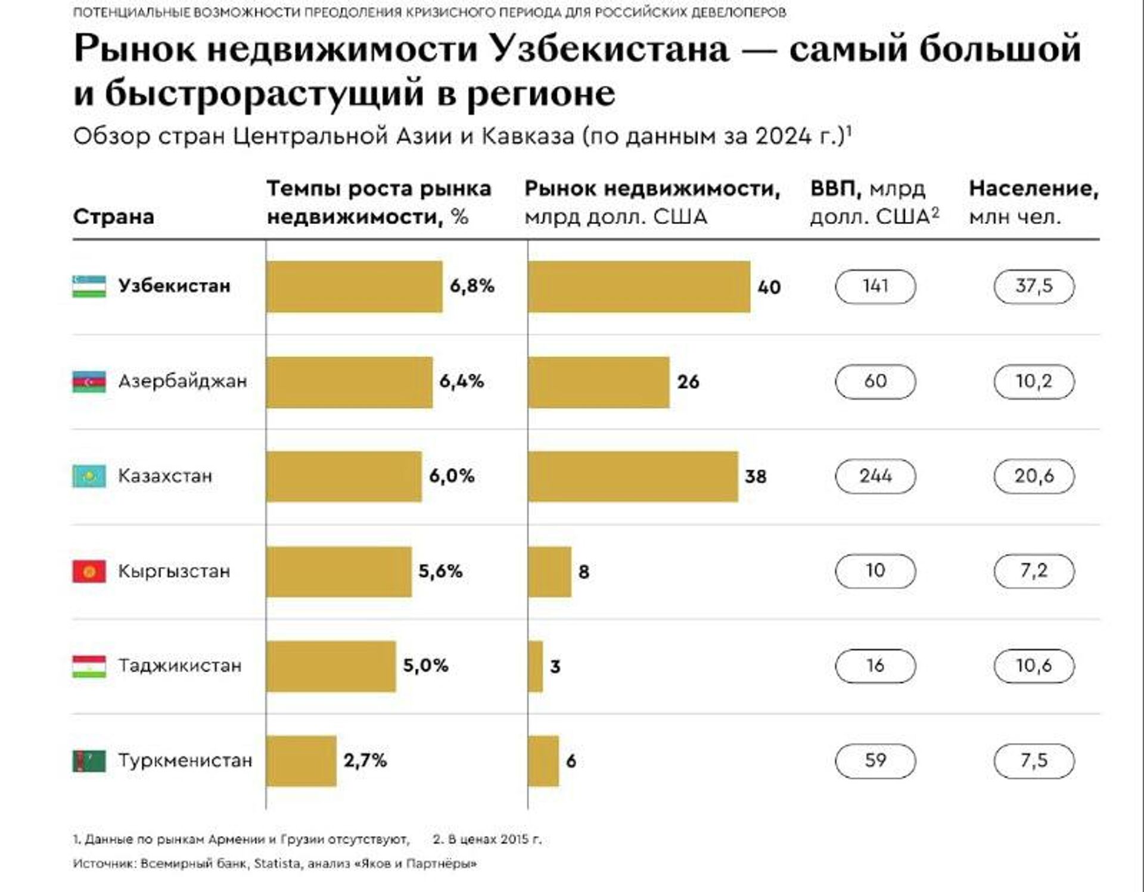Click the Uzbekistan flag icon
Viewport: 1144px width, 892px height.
(89, 286)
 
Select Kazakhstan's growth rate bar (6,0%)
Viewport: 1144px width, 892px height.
(344, 476)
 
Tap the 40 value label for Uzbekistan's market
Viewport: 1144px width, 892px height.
(769, 287)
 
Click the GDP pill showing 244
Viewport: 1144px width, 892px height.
(875, 476)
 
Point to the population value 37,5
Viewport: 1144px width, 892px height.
(1034, 286)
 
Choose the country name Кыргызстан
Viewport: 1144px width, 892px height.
(174, 571)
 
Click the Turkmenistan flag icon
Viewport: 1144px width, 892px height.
(89, 761)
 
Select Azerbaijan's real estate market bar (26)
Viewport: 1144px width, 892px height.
(598, 382)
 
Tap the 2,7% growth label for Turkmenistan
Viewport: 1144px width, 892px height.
(365, 760)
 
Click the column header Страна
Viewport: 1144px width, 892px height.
(113, 216)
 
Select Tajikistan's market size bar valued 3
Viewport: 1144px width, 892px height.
(535, 666)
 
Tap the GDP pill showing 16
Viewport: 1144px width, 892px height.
(875, 666)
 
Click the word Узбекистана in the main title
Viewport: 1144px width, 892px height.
(610, 49)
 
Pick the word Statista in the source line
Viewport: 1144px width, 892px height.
(277, 863)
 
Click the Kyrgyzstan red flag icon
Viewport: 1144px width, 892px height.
(89, 571)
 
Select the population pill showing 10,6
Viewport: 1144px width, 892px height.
(1034, 666)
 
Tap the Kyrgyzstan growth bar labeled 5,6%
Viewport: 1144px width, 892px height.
(338, 571)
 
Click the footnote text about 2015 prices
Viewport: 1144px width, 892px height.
(487, 840)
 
